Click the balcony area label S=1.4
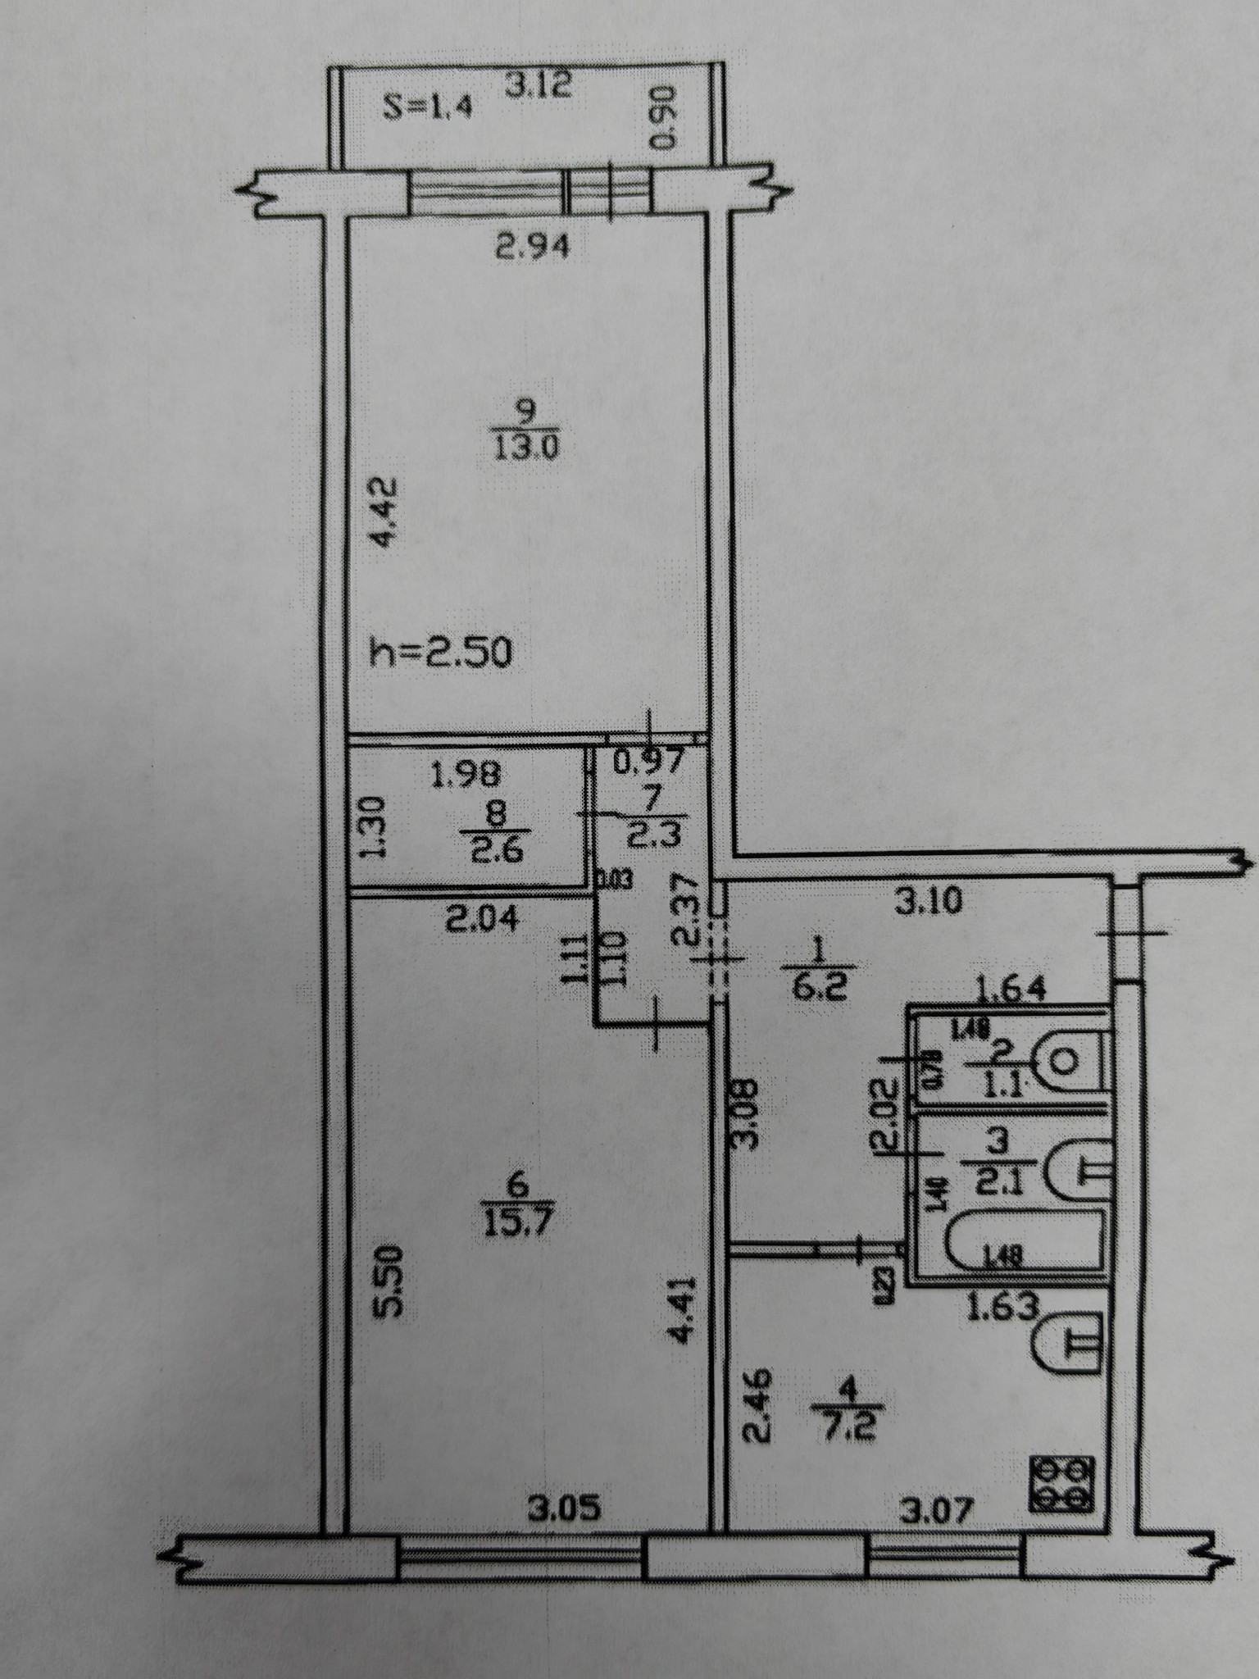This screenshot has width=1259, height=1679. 428,109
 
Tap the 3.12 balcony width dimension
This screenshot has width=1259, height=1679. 537,84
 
